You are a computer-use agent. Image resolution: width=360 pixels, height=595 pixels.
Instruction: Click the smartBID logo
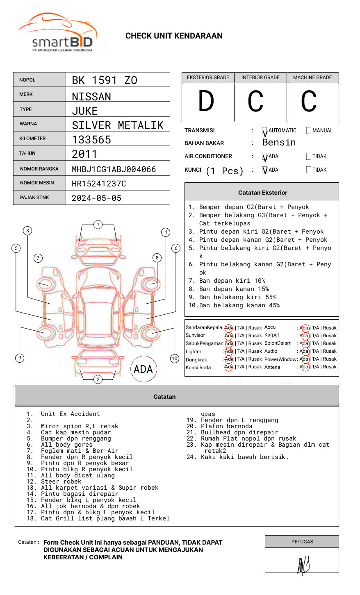[57, 33]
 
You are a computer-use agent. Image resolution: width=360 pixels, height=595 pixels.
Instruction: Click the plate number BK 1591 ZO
[105, 80]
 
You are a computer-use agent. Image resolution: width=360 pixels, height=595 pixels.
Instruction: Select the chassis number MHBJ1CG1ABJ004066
[114, 169]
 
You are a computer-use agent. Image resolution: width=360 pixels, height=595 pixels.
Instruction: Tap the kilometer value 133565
[91, 140]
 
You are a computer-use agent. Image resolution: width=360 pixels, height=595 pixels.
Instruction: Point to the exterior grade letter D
[206, 101]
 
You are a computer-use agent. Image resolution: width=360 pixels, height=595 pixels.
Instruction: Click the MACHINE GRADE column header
[312, 77]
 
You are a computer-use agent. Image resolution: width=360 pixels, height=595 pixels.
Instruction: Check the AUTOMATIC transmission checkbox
[264, 131]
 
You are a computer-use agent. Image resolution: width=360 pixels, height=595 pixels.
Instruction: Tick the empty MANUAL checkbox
[309, 131]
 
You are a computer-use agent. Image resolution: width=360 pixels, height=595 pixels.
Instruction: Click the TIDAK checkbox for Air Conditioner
[309, 157]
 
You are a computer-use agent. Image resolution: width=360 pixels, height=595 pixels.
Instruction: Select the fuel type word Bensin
[279, 143]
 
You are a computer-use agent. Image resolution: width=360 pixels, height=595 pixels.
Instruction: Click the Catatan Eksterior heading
[262, 193]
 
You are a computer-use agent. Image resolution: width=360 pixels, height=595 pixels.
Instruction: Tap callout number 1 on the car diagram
[98, 225]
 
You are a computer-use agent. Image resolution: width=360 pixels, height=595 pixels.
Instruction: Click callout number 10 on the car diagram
[175, 359]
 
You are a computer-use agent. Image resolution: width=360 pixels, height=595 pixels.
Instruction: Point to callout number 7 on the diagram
[38, 258]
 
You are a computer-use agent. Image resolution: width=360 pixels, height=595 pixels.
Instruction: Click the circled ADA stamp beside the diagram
[143, 369]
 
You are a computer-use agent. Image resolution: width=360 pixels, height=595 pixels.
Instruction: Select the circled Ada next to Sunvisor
[229, 336]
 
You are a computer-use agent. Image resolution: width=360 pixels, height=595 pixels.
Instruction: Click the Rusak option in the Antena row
[330, 367]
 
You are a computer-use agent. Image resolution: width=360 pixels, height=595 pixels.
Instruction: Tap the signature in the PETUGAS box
[303, 565]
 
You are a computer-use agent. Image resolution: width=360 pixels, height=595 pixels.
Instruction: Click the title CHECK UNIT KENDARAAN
[174, 36]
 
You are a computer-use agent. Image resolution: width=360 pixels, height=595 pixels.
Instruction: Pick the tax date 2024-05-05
[96, 198]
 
